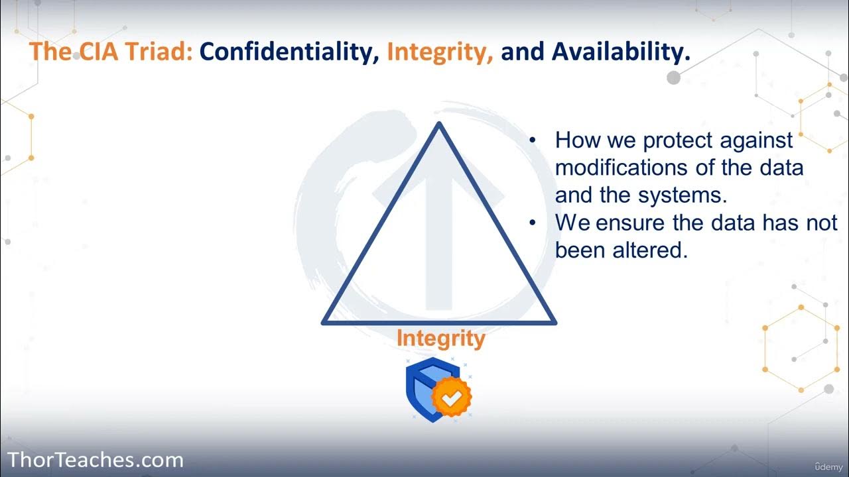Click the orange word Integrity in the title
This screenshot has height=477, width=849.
(x=440, y=52)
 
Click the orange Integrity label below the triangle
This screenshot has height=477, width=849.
(x=440, y=339)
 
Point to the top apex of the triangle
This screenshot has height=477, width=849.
(x=438, y=124)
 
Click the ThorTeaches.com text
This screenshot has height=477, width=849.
(x=95, y=460)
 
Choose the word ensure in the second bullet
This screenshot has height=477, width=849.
(x=631, y=223)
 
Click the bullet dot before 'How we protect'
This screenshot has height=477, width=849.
(x=533, y=140)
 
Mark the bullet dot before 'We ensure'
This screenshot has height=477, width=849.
(x=533, y=223)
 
